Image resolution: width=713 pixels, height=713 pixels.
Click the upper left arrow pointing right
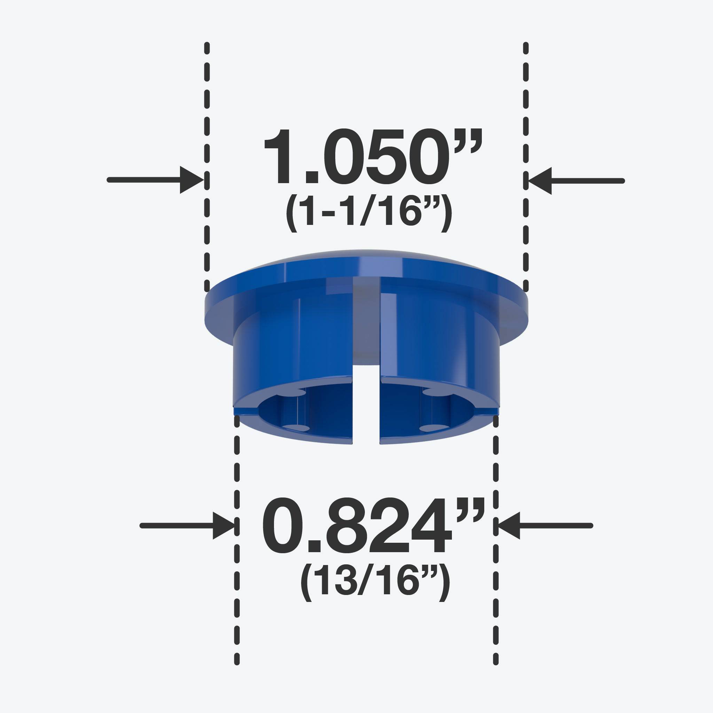click(155, 180)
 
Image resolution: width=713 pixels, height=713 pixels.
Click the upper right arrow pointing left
click(576, 181)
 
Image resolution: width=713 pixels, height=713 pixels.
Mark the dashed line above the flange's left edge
click(207, 148)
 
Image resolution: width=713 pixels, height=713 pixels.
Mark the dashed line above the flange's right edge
click(525, 148)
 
